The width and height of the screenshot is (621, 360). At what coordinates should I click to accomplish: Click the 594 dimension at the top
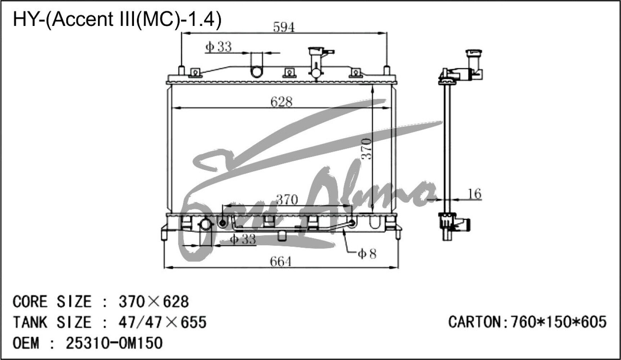pyautogui.click(x=284, y=27)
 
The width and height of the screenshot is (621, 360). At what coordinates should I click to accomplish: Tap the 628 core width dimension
pyautogui.click(x=281, y=102)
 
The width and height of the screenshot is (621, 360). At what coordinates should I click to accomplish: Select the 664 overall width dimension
pyautogui.click(x=281, y=262)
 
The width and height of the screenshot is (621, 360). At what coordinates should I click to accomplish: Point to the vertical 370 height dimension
pyautogui.click(x=366, y=148)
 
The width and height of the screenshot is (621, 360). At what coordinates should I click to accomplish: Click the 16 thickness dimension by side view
pyautogui.click(x=474, y=194)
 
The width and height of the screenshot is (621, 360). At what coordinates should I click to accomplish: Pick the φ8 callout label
pyautogui.click(x=367, y=254)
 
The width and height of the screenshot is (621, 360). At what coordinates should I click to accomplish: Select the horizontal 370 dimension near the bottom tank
pyautogui.click(x=287, y=199)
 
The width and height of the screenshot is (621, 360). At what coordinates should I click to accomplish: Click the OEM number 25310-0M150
pyautogui.click(x=114, y=343)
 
